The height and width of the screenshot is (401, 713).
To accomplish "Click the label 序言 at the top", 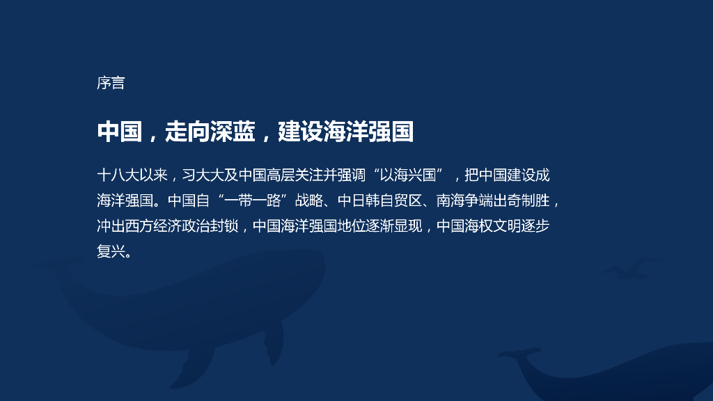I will coord(111,83).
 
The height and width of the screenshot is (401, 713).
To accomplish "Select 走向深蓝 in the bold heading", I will coord(210,131).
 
